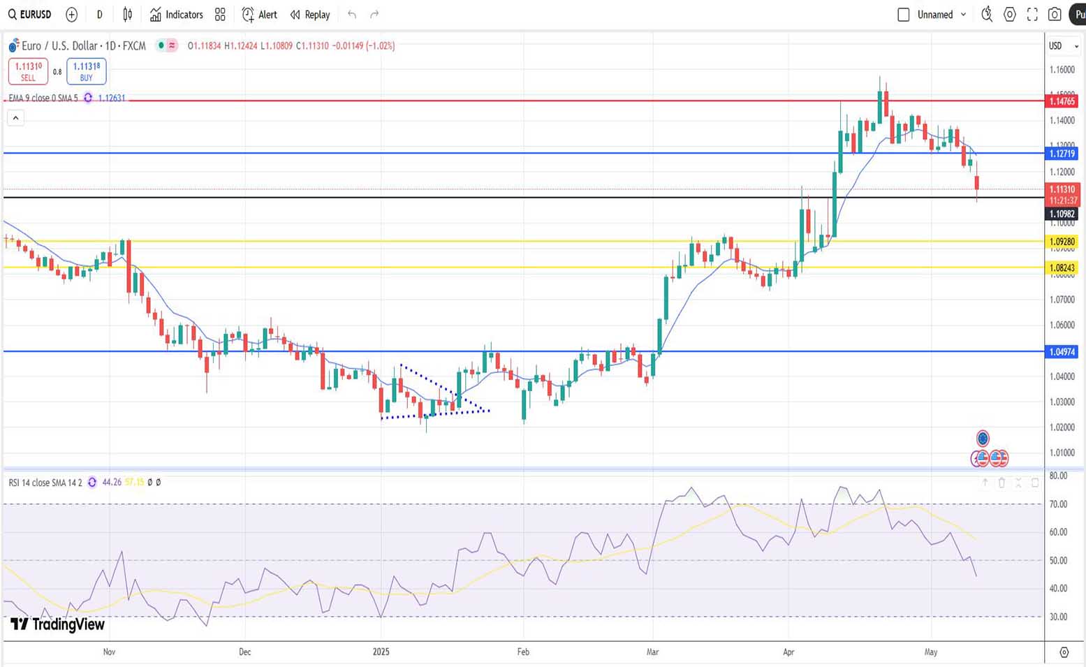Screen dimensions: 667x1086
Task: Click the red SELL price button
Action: tap(28, 71)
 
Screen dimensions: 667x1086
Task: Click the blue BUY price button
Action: tap(87, 71)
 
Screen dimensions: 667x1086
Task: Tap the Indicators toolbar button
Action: tap(177, 15)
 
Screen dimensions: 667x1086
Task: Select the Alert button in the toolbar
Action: tap(260, 15)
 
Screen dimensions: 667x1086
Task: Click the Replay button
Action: tap(310, 15)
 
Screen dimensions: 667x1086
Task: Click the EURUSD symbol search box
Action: tap(30, 15)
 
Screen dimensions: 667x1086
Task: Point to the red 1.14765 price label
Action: tap(1062, 101)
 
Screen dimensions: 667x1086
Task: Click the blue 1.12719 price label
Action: tap(1062, 154)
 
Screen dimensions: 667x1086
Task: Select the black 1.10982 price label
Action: tap(1062, 214)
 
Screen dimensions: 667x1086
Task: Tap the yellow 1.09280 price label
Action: tap(1062, 242)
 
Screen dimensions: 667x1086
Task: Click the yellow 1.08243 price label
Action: tap(1062, 267)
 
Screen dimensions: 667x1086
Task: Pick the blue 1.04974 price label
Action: tap(1062, 352)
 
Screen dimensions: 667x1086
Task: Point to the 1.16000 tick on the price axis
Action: tap(1062, 70)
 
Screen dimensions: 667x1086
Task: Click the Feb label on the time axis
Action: tap(523, 652)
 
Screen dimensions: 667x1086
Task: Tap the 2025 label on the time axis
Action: tap(381, 652)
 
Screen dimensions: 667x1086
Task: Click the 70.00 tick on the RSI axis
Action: tap(1058, 504)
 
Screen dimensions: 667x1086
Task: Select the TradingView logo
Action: tap(57, 624)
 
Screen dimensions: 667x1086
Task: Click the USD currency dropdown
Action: tap(1063, 46)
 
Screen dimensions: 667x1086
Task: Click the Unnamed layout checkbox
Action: tap(903, 15)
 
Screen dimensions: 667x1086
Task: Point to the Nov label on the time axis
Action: tap(109, 652)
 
